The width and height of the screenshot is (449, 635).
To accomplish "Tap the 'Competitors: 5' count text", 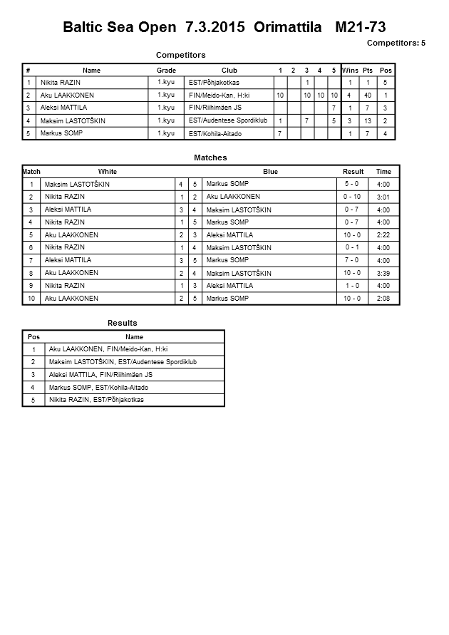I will [396, 43].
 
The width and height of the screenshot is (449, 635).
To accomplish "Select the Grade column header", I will [166, 71].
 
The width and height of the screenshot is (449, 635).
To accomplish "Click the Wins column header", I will [350, 71].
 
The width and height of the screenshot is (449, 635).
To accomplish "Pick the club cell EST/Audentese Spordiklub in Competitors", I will [228, 120].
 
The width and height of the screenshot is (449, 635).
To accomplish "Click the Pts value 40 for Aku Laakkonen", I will [368, 95].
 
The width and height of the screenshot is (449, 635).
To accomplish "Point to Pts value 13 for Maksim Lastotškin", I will [368, 120].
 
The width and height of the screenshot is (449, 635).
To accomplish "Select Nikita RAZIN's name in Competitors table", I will [60, 83].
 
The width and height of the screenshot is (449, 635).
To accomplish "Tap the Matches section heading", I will [210, 158].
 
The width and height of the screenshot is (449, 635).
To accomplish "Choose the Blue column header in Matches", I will [270, 172].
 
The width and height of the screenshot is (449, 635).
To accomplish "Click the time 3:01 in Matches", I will [383, 197].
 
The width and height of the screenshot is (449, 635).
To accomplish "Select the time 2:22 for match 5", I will [383, 235].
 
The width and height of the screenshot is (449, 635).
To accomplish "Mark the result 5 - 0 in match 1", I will [352, 185].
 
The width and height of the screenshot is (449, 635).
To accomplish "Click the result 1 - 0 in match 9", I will [352, 286].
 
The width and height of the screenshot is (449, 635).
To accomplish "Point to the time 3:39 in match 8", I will [383, 274].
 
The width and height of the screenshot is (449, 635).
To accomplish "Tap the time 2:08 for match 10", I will [383, 299].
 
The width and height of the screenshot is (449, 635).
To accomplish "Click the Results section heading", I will [123, 323].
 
